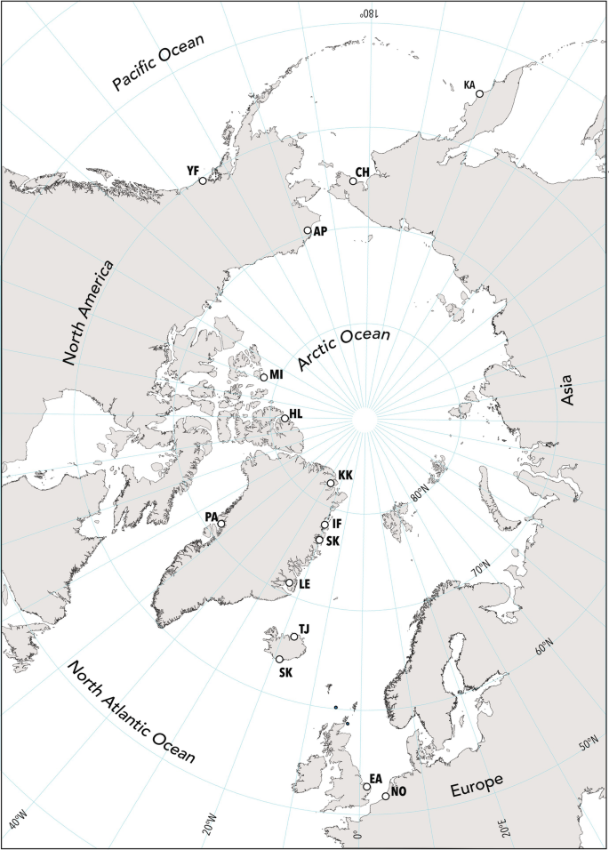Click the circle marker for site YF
(203, 180)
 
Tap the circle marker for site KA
(479, 93)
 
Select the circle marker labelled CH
(353, 181)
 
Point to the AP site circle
(308, 230)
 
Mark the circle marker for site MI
(263, 377)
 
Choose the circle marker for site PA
(221, 524)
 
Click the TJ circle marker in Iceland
(294, 637)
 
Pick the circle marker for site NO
(385, 797)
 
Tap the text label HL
(296, 414)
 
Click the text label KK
(345, 476)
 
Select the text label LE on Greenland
(304, 583)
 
